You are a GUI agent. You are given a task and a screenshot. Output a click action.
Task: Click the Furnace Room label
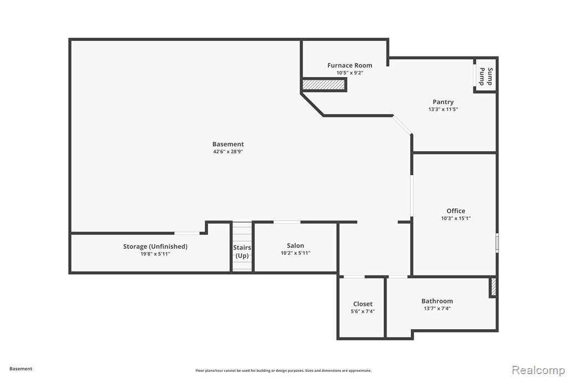[x=350, y=65]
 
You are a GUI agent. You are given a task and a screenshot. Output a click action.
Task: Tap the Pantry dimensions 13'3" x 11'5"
[x=443, y=109]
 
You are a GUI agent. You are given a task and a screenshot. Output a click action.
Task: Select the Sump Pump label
[x=486, y=76]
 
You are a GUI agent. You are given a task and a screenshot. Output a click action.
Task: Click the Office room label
[x=456, y=211]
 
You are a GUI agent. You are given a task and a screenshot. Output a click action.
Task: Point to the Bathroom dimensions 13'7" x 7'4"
[x=437, y=309]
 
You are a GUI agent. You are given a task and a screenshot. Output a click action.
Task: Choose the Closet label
[x=363, y=304]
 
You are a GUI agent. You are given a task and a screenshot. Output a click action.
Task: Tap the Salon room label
[x=296, y=246]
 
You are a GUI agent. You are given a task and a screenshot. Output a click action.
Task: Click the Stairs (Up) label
[x=242, y=251]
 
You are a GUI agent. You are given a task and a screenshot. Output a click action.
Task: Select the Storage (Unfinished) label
[x=155, y=247]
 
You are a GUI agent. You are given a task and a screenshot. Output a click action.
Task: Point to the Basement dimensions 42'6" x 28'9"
[x=228, y=152]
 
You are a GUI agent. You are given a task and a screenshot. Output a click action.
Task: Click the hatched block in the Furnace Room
[x=323, y=85]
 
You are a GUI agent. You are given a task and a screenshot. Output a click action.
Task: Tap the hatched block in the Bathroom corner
[x=493, y=287]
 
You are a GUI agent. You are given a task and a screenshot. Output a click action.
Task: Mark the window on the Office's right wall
[x=497, y=243]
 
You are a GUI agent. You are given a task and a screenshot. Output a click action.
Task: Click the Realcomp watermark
[x=538, y=370]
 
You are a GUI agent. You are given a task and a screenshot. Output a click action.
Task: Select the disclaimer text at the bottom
[x=283, y=370]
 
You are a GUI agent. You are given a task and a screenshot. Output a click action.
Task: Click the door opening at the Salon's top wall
[x=287, y=222]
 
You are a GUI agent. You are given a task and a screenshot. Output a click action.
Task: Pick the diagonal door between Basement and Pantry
[x=402, y=125]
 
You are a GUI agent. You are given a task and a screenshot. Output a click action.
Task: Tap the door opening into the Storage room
[x=187, y=233]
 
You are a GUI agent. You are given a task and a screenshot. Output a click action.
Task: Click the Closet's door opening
[x=354, y=277]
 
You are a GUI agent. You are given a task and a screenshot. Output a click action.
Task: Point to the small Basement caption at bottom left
[x=20, y=369]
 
